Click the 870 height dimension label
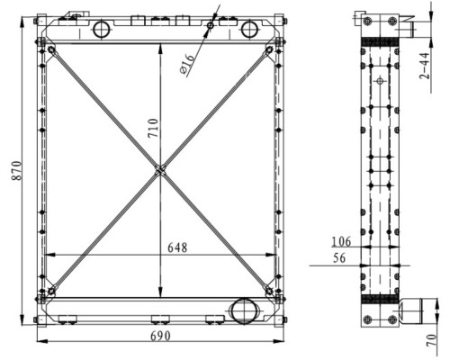coord(17,171)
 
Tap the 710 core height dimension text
coord(153,128)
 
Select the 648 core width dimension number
coord(177,247)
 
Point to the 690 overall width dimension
coord(160,336)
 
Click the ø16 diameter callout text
coord(187,65)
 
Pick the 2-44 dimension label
coord(425,66)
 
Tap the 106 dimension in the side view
coord(341,241)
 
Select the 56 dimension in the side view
coord(339,258)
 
